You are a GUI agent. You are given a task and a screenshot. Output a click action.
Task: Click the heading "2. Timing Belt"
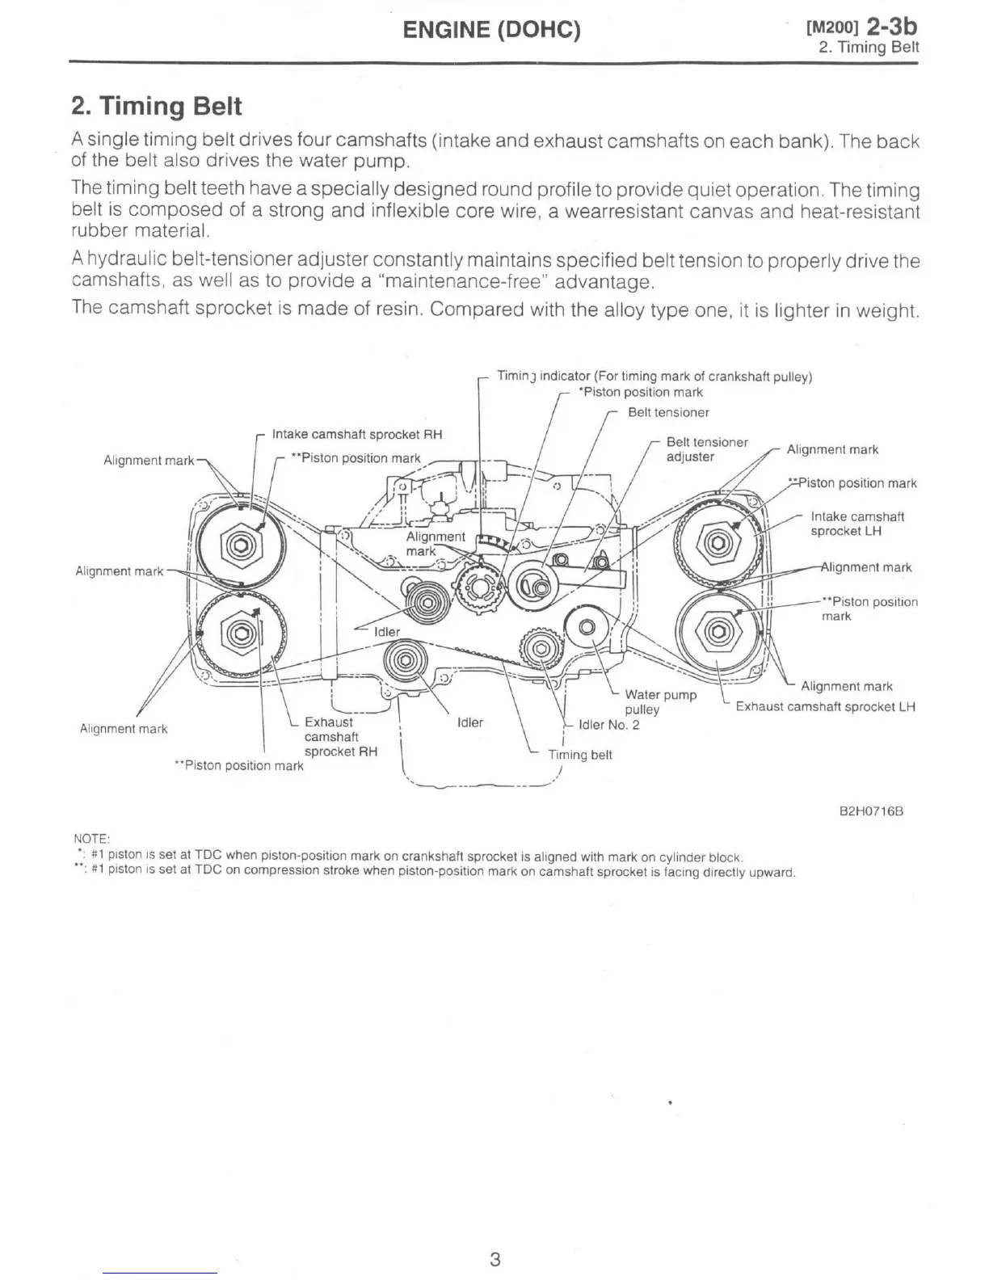tap(157, 107)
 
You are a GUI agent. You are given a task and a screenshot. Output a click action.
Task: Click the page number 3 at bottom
tap(495, 1259)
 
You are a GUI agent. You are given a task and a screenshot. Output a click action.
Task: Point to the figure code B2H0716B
tap(871, 811)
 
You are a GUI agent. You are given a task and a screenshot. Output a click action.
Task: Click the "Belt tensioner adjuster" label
tap(706, 449)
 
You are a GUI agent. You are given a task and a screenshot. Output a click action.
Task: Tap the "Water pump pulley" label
tap(660, 701)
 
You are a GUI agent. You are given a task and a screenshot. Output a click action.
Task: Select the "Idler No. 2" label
tap(608, 725)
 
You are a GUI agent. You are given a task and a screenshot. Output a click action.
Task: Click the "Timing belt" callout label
tap(579, 755)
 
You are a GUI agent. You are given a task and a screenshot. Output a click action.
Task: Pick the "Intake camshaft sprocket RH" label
tap(357, 435)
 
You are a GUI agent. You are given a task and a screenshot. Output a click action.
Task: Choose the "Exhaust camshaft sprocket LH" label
tap(825, 707)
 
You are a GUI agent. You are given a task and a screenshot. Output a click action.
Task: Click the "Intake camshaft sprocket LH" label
tap(856, 524)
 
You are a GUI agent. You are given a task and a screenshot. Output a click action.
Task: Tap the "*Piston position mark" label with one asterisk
tap(641, 393)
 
